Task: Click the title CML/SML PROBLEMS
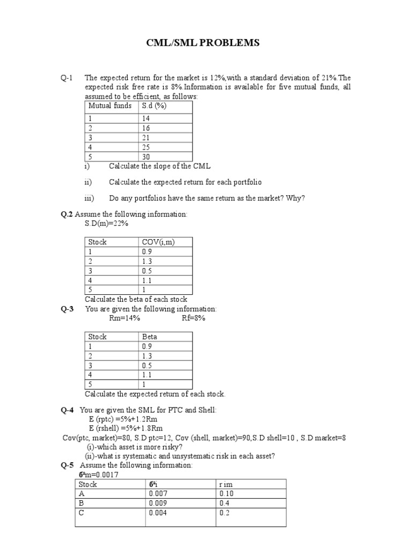tap(203, 42)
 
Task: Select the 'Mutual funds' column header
tap(109, 106)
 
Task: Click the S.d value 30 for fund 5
tap(146, 157)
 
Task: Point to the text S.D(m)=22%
tap(107, 224)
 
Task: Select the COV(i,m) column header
tap(158, 242)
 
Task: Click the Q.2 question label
tap(67, 214)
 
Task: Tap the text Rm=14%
tap(124, 318)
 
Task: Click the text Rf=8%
tap(194, 318)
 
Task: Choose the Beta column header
tap(150, 337)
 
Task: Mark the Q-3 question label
tap(67, 309)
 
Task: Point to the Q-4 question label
tap(67, 410)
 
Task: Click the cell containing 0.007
tap(158, 493)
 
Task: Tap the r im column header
tap(226, 484)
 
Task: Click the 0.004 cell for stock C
tap(158, 513)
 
